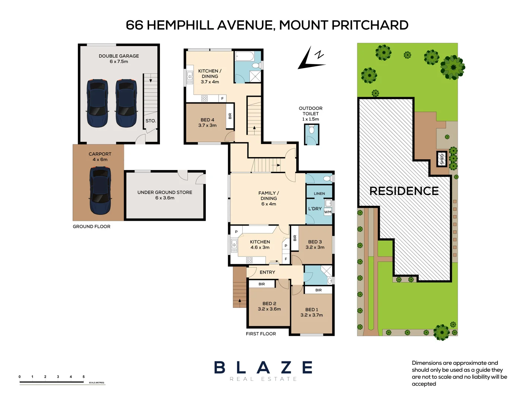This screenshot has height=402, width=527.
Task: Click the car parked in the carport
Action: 100,190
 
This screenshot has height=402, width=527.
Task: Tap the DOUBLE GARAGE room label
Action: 119,56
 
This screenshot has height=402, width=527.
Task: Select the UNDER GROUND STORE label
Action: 165,192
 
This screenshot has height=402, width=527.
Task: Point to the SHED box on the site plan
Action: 442,159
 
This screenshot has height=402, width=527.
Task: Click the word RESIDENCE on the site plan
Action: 404,191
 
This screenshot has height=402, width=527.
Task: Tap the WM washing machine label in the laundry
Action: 328,212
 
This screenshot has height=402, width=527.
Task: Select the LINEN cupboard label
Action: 319,194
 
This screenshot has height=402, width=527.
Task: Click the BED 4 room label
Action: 207,120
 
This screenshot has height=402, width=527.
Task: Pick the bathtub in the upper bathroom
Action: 245,57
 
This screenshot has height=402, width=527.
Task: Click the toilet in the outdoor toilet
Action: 312,130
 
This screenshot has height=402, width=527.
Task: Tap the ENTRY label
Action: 267,272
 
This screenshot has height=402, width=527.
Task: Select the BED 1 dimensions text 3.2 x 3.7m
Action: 312,315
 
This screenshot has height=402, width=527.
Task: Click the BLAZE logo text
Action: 263,368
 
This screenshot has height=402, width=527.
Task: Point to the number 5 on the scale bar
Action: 83,377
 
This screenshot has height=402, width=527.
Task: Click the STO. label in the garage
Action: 151,121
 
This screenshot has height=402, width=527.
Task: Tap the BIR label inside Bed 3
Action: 295,238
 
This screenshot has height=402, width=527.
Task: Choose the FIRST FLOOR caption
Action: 261,334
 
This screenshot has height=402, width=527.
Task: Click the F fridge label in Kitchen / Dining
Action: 223,99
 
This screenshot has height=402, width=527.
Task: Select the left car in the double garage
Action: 97,103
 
